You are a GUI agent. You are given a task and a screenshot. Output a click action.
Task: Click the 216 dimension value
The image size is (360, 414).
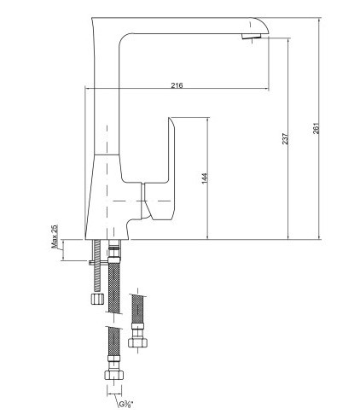177,85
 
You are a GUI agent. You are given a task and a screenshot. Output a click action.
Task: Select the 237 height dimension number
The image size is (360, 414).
285,138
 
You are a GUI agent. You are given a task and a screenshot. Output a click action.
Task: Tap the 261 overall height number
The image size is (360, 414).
316,128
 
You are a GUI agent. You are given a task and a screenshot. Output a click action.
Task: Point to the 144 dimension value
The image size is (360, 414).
205,178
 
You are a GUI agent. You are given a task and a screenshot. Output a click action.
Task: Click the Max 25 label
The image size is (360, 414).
55,236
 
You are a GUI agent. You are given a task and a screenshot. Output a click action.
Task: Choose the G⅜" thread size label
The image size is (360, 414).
125,404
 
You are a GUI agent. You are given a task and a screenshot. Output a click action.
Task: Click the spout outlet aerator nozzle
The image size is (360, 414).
251,36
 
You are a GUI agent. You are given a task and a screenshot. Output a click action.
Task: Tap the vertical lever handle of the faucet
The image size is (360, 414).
171,149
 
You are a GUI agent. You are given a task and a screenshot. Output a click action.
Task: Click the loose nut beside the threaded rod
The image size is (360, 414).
96,299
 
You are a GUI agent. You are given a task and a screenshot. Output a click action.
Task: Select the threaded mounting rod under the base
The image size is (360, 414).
97,265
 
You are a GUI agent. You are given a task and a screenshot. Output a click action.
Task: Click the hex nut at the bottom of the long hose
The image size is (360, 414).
114,375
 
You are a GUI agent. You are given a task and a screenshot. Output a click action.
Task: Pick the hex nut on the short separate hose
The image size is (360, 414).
138,342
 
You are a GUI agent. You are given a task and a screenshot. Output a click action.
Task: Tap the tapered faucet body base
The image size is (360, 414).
107,197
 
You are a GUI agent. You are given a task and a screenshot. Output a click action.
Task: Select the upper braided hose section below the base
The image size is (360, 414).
114,289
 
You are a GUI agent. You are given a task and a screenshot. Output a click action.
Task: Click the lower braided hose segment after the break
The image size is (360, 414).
114,341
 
